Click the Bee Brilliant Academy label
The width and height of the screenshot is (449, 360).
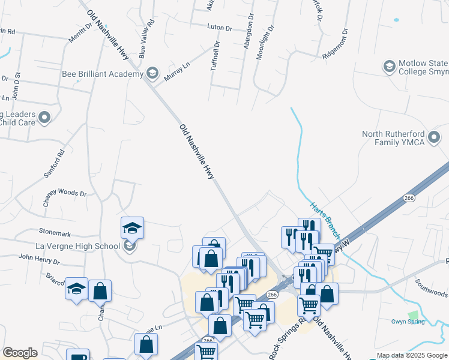103,74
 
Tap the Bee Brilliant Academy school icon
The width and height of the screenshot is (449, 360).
152,74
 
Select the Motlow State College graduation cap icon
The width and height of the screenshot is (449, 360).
390,66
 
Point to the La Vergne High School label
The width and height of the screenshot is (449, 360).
70,245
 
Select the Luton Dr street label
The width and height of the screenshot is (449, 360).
219,28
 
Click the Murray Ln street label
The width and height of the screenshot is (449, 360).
176,74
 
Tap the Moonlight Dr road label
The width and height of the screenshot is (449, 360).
265,42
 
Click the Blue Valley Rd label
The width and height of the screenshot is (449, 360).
146,38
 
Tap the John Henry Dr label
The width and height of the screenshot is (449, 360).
39,260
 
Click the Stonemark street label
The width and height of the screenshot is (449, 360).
55,231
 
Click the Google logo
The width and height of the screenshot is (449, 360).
20,353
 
